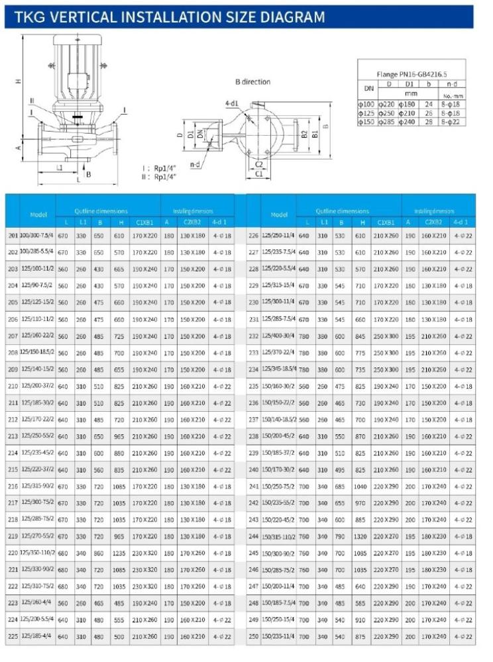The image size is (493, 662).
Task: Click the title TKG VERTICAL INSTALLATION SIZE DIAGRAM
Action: click(x=166, y=17)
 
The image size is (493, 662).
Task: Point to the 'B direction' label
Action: click(x=252, y=82)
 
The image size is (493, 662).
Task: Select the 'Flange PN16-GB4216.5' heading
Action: click(x=411, y=75)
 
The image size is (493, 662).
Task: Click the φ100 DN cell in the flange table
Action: click(x=366, y=104)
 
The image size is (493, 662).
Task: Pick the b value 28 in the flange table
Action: click(x=428, y=122)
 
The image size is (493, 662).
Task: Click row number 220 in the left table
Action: click(x=13, y=552)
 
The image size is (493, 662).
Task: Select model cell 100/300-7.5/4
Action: click(x=37, y=235)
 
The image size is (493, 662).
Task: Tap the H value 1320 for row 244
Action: click(x=360, y=536)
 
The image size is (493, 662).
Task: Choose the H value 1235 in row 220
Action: click(x=119, y=552)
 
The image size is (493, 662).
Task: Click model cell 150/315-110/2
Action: click(x=278, y=536)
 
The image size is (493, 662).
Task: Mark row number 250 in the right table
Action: click(x=253, y=636)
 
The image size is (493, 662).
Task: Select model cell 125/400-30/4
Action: click(x=278, y=336)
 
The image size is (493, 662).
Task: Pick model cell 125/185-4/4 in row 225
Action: click(x=37, y=636)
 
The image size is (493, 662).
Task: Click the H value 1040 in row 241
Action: click(x=360, y=485)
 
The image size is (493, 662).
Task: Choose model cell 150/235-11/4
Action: click(x=278, y=636)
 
